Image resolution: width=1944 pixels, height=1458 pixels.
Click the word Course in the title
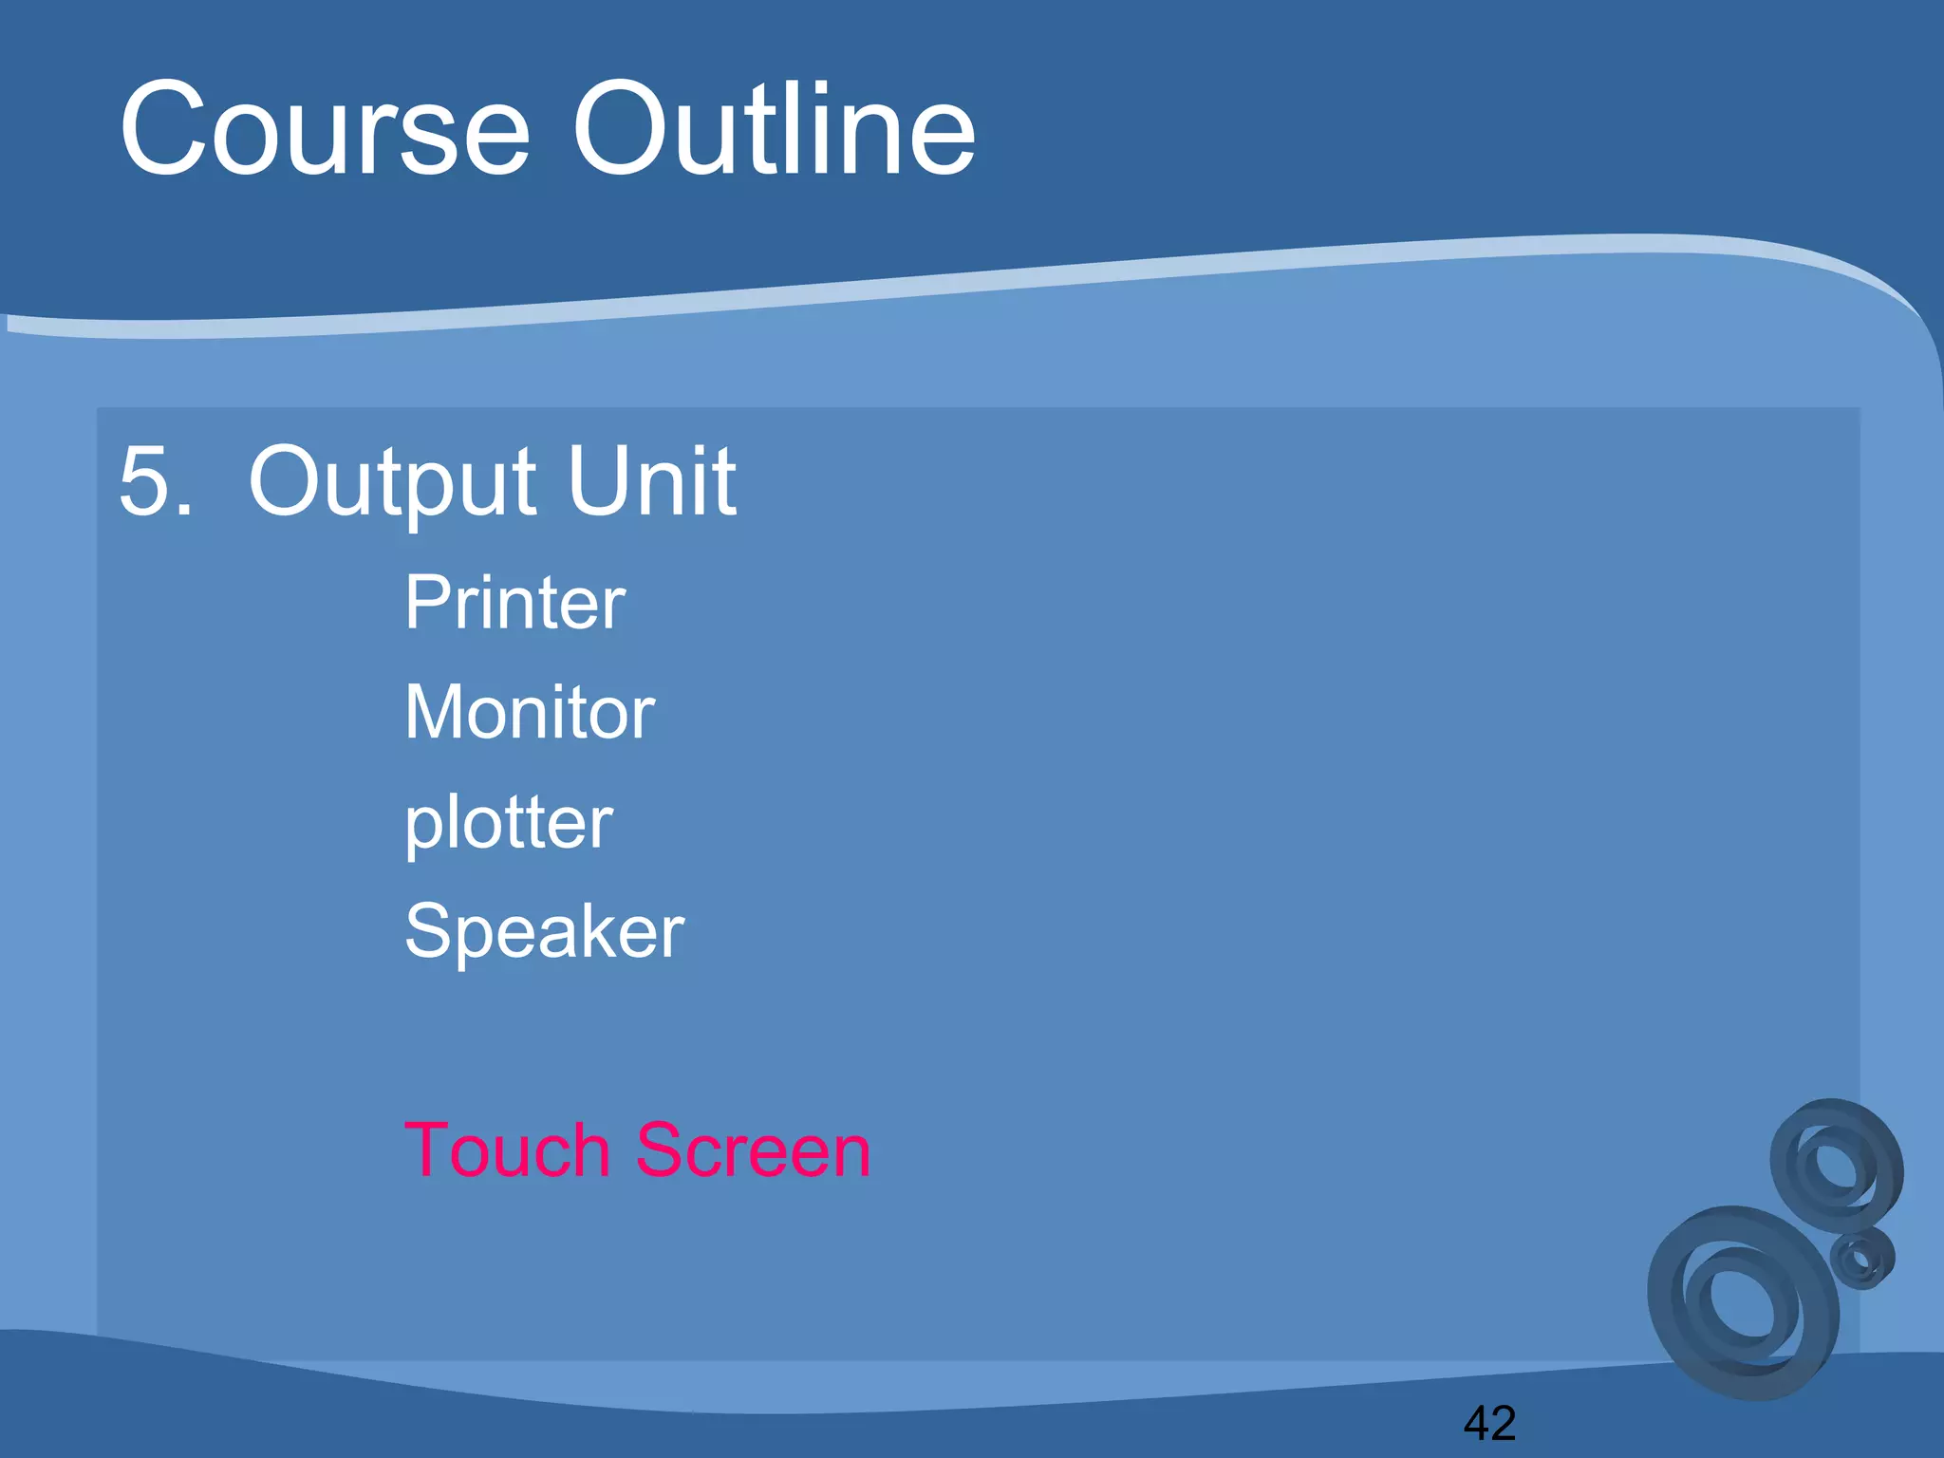point(324,130)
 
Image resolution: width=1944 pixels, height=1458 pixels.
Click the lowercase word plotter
point(509,823)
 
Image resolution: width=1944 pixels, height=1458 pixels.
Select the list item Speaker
point(543,931)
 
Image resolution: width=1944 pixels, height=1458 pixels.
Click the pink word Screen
point(752,1150)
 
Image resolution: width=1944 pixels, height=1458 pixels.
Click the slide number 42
point(1489,1423)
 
